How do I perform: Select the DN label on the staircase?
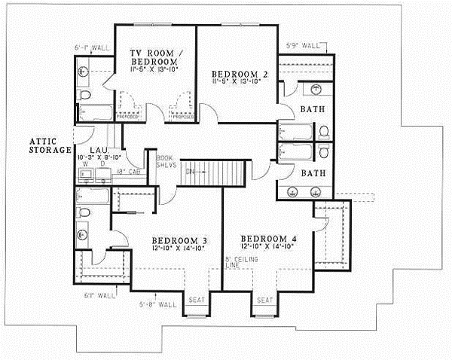[x=191, y=170]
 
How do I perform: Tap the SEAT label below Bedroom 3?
[x=195, y=301]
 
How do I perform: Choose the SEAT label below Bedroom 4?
[x=264, y=301]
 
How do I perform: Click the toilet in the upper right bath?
[x=324, y=132]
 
